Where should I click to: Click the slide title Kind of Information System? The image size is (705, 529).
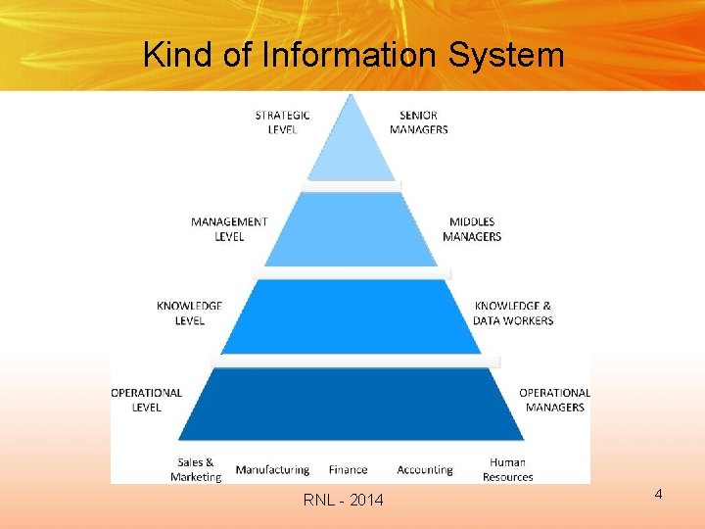[x=353, y=54]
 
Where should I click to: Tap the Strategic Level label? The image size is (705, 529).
[x=282, y=122]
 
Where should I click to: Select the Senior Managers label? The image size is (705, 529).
[x=419, y=122]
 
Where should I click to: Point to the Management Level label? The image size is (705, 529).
[x=229, y=229]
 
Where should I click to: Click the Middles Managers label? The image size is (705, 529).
[x=472, y=229]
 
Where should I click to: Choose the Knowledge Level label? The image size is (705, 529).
[x=189, y=313]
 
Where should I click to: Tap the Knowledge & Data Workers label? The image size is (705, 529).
[x=513, y=313]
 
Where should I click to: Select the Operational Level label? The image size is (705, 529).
[x=147, y=400]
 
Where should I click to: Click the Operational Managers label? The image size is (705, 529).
[x=555, y=400]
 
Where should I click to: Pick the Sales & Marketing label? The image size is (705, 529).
[x=196, y=469]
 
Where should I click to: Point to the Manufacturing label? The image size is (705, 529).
[x=272, y=470]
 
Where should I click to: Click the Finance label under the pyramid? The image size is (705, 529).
[x=349, y=470]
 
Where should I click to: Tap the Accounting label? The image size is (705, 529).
[x=425, y=470]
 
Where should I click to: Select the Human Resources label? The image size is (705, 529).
[x=507, y=469]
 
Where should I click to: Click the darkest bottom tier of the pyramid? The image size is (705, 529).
[x=352, y=404]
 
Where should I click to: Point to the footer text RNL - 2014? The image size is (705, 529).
[x=344, y=502]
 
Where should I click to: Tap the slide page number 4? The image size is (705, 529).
[x=659, y=494]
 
